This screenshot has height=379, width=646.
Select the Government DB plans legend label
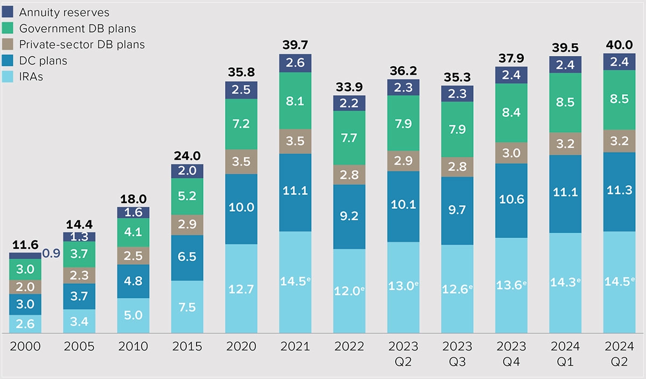(x=78, y=28)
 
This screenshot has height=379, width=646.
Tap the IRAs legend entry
(x=31, y=76)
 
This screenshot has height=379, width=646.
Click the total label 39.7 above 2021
(x=295, y=46)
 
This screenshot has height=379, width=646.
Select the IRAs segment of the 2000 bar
(x=25, y=324)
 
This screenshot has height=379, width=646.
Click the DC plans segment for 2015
(x=187, y=257)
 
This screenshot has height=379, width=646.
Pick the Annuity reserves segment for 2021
(x=295, y=63)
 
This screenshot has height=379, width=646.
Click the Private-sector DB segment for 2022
(x=349, y=175)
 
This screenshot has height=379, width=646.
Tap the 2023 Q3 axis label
(x=457, y=353)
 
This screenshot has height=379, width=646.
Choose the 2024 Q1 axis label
(x=565, y=353)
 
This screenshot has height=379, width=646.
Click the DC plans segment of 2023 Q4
(x=511, y=200)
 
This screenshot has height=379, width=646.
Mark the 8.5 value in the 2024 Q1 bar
(x=565, y=102)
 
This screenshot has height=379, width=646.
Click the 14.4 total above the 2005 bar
(x=79, y=224)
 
